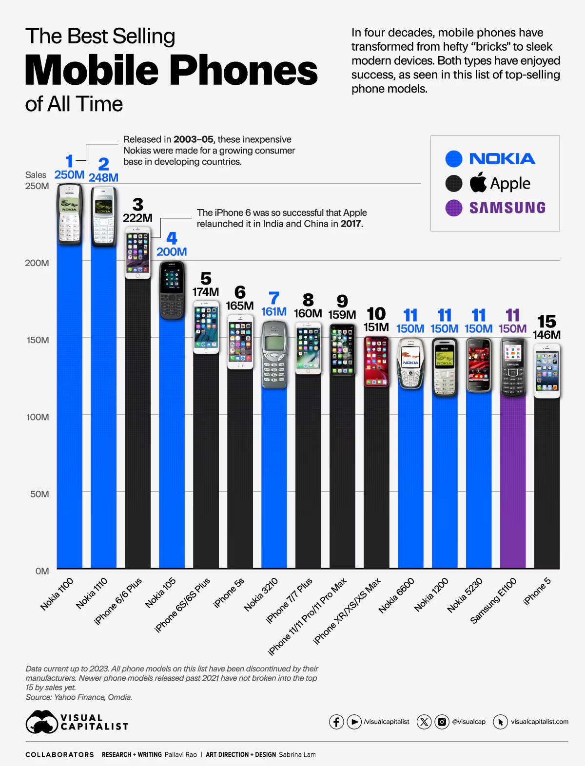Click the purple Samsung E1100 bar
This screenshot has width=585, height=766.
(512, 482)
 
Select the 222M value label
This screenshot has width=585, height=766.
(137, 218)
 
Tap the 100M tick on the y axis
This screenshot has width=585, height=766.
(38, 417)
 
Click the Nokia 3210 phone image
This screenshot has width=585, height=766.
(274, 354)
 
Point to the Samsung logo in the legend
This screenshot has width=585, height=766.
(507, 208)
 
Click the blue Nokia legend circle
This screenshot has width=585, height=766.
(453, 159)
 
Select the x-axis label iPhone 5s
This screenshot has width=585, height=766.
(229, 593)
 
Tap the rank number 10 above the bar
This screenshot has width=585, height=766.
(376, 314)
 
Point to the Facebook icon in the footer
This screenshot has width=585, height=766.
(336, 722)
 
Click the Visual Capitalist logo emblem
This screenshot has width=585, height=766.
(41, 722)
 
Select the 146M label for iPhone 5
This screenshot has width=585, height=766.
(546, 335)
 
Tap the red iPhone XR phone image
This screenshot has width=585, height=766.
(376, 361)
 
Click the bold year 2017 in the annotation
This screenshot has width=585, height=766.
(351, 224)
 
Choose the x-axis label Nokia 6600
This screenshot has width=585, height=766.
(396, 595)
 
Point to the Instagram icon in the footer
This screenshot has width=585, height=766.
(442, 722)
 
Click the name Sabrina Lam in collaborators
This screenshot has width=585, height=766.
(297, 754)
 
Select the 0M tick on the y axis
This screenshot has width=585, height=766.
(42, 571)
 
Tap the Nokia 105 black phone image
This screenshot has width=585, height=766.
(172, 290)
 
